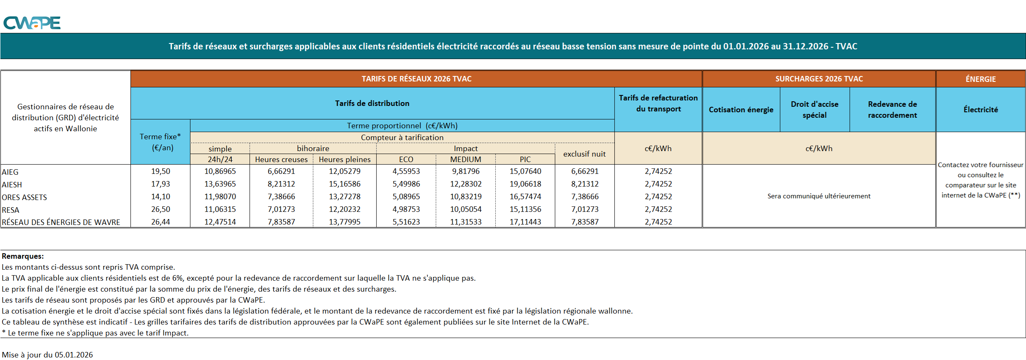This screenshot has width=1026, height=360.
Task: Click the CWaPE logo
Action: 32,23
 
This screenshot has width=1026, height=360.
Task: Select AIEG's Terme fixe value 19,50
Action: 160,171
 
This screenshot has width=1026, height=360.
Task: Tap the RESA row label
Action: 11,210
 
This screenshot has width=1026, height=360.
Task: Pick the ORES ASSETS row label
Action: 24,197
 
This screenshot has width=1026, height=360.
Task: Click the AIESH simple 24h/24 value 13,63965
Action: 220,184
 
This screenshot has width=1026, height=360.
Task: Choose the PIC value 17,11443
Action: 525,222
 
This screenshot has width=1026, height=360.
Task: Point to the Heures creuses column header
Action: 281,160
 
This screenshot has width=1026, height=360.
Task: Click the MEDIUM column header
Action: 465,160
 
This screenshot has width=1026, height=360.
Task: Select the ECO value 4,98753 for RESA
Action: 406,209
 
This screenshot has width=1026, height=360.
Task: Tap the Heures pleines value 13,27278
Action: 345,197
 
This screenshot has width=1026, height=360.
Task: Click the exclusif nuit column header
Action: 584,154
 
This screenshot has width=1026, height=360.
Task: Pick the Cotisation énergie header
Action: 741,110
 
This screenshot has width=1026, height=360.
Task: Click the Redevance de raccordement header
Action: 892,110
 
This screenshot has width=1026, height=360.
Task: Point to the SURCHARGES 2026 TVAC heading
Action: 819,79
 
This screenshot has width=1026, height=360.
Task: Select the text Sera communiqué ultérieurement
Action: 819,196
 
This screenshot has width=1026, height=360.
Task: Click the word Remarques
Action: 22,256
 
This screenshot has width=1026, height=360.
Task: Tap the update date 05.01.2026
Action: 73,355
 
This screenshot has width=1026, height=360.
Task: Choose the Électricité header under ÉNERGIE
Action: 980,110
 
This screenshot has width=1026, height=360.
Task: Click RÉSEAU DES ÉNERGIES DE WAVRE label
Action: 61,222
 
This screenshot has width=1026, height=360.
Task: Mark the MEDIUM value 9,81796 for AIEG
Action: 465,171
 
